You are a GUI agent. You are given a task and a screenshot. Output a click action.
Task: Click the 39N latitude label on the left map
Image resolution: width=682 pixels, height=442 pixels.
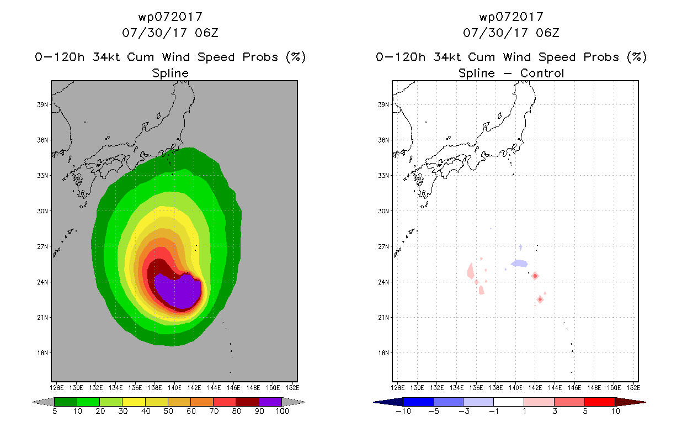pos(42,105)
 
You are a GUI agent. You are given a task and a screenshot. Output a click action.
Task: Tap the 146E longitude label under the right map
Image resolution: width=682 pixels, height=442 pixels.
pos(574,388)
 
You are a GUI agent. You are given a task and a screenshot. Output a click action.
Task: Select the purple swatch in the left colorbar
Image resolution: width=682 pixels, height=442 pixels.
pos(270,402)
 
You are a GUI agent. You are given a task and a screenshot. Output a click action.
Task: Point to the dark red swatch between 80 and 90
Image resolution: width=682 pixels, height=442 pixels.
pos(248,402)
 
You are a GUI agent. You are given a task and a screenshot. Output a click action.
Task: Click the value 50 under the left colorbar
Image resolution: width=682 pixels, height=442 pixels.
pos(168,411)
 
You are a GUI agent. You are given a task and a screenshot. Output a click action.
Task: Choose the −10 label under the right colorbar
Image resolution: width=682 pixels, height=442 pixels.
pos(403,411)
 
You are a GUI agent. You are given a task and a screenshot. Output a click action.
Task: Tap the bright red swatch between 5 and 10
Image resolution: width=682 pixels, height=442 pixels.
pos(600,402)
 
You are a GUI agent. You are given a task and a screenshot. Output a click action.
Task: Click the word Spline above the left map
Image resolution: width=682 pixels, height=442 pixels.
pos(170,73)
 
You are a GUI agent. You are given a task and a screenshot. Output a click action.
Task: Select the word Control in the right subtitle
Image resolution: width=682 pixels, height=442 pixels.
pos(542,73)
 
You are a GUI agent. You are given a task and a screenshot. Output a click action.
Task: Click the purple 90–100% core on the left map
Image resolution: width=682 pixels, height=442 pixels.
pos(180,291)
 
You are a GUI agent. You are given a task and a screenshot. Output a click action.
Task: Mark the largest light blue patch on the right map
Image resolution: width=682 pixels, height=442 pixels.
pos(519,263)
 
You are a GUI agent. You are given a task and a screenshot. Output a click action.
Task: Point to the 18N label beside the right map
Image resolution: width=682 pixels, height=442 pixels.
pos(383,353)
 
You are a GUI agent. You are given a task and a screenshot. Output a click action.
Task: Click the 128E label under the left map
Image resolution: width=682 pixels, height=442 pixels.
pos(57,388)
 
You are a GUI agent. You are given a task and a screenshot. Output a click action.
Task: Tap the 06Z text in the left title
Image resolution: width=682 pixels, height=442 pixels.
pos(206,33)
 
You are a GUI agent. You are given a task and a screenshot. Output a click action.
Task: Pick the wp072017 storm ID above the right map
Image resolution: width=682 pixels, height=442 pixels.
pos(511,17)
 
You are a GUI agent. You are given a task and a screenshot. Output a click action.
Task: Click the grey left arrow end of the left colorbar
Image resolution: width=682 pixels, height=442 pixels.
pos(42,402)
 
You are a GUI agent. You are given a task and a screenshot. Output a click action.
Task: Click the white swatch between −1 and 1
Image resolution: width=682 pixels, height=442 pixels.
pos(508,402)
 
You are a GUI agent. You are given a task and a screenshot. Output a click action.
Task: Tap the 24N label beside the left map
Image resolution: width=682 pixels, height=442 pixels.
pos(42,282)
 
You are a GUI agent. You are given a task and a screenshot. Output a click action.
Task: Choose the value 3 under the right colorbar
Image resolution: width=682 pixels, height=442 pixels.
pos(555,411)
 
